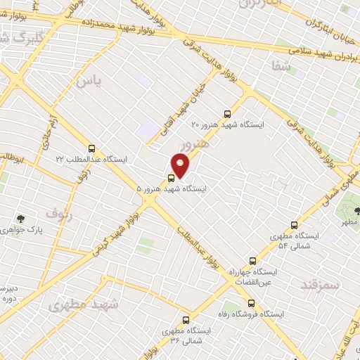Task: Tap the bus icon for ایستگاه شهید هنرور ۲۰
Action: [226, 113]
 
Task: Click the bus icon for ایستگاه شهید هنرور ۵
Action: [172, 177]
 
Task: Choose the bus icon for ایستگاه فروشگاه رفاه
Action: [251, 304]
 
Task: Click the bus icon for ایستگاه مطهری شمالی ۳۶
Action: [186, 319]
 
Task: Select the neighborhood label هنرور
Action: [195, 146]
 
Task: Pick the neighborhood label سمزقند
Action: [320, 285]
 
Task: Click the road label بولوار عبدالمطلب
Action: [202, 249]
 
